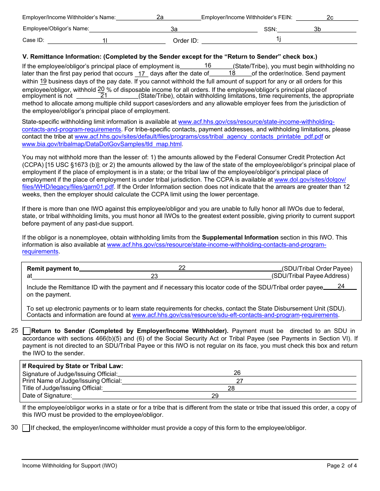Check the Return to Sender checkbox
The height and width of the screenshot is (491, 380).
(27, 331)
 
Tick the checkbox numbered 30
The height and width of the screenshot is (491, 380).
(26, 428)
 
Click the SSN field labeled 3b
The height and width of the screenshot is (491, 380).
(317, 29)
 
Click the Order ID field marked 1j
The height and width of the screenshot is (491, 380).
(278, 40)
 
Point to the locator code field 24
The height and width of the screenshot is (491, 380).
(340, 287)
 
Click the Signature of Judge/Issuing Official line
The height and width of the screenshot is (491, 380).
(237, 373)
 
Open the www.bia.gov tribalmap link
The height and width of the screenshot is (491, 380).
(102, 144)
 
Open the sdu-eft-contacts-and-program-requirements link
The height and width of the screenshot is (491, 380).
(235, 315)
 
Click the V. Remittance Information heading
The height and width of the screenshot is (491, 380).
(170, 57)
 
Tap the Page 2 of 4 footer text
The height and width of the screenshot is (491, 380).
(342, 465)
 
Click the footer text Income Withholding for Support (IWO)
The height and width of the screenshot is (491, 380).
(70, 465)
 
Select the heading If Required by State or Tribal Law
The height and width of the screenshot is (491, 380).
(73, 366)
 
